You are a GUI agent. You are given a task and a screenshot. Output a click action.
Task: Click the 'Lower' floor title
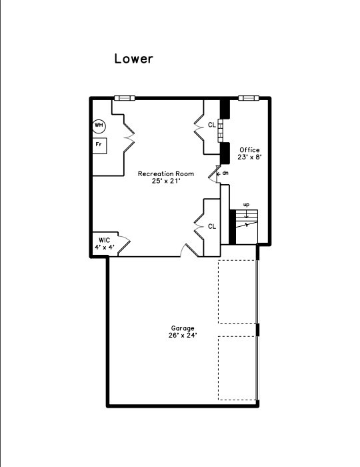point(133,59)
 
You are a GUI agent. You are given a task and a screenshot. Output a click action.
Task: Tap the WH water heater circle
point(99,125)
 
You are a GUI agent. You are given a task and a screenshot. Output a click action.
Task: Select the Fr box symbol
point(99,144)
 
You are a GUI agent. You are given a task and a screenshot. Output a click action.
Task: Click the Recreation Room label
point(166,174)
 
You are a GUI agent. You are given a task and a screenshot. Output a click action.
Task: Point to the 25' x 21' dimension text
point(166,181)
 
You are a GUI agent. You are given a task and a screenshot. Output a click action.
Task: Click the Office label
point(249,150)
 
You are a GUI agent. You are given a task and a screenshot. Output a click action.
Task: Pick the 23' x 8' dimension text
point(249,158)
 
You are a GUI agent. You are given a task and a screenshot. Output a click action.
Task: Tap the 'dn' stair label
point(225,173)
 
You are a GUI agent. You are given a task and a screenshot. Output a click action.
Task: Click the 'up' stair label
point(247,205)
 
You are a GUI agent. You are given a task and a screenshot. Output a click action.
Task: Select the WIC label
point(104,240)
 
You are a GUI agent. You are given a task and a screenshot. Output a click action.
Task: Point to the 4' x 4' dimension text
point(104,248)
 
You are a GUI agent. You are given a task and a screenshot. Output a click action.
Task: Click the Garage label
point(182,328)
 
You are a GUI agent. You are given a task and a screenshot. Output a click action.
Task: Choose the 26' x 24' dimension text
point(182,336)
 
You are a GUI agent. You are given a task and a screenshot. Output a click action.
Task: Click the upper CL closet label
point(211,125)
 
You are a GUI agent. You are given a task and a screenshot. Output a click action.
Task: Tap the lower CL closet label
point(212,227)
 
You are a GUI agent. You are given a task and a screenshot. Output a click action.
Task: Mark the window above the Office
point(248,98)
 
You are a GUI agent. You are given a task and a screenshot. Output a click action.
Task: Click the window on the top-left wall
point(124,98)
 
